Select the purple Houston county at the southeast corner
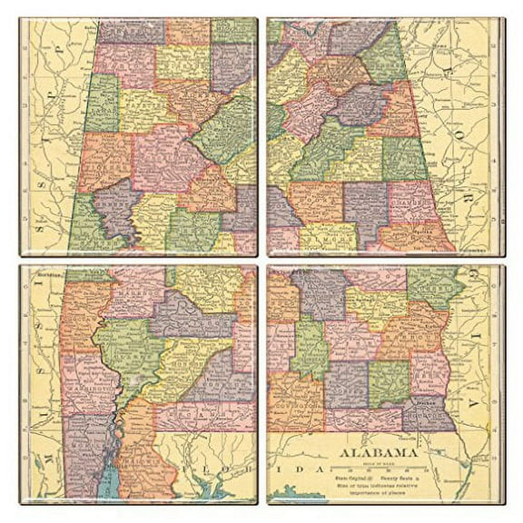(x=427, y=413)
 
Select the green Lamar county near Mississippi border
(x=101, y=101)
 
